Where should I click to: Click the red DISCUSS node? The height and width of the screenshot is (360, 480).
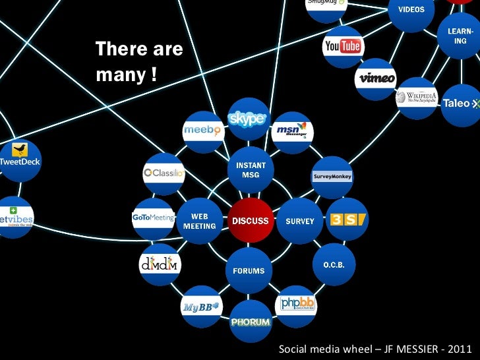250,221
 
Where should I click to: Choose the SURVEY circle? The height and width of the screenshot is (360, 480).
300,221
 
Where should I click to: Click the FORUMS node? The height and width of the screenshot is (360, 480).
249,270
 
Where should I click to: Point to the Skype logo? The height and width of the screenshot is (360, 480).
247,119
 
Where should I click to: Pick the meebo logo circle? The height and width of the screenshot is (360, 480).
202,131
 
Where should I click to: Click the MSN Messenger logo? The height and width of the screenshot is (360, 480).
291,131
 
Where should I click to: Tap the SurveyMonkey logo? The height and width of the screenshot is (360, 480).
332,177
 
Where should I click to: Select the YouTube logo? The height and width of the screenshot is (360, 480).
342,45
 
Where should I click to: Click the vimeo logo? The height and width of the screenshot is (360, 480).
377,78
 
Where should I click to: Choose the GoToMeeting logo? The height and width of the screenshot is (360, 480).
152,217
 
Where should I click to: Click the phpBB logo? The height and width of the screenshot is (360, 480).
297,303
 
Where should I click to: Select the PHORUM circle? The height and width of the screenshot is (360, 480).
251,322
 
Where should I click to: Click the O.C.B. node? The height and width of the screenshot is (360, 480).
334,264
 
